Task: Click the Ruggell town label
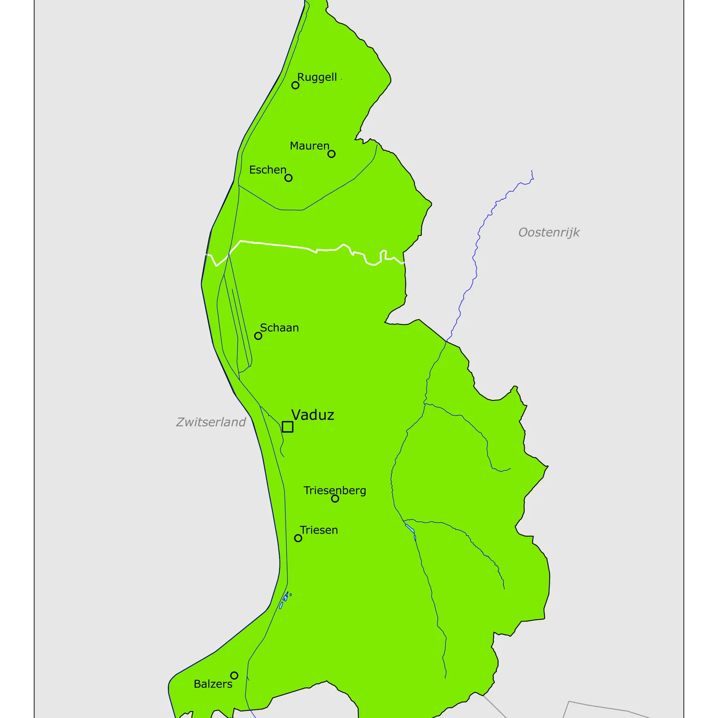(317, 77)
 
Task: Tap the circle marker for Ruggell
(295, 85)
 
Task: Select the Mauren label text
(309, 146)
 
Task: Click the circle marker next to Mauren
(331, 154)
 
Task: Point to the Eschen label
(267, 170)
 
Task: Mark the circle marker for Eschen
(288, 178)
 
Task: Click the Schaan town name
(279, 328)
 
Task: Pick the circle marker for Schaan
(258, 336)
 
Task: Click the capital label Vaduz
(312, 415)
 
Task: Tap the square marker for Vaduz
(288, 427)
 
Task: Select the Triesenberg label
(335, 490)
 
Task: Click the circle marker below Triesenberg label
(335, 499)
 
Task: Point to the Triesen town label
(319, 530)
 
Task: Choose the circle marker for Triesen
(298, 538)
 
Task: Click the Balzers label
(213, 684)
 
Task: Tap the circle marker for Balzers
(234, 675)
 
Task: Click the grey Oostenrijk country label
(548, 232)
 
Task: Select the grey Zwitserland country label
(210, 422)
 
